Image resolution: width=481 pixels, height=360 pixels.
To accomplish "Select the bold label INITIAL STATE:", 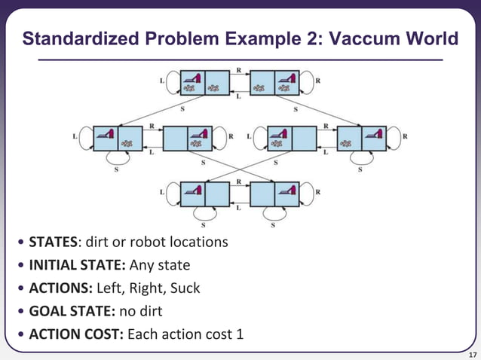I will [x=77, y=265].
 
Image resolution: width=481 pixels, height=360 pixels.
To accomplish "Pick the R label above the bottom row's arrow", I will [x=239, y=182].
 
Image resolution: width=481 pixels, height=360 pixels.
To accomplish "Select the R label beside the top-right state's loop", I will [x=317, y=79].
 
